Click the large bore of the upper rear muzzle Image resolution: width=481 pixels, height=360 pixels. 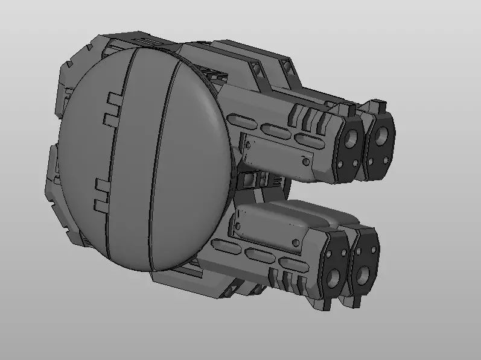(x=382, y=136)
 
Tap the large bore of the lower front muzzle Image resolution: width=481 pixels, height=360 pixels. (x=334, y=277)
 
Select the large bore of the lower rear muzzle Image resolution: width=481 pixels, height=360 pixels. (x=364, y=274)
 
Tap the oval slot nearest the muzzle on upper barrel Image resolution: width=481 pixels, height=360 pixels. (x=308, y=141)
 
